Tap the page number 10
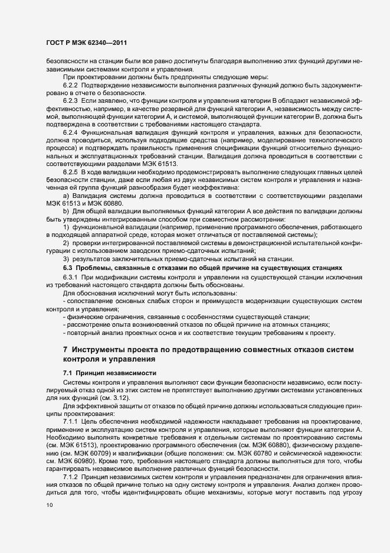[x=48, y=505]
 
